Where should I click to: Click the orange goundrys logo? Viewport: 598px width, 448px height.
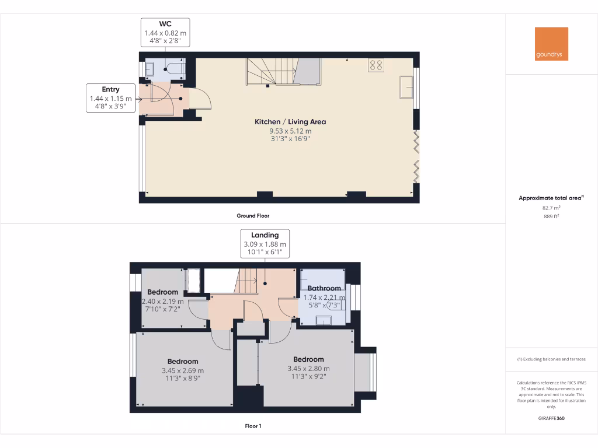click(551, 44)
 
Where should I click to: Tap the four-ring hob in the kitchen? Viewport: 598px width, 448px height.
click(376, 65)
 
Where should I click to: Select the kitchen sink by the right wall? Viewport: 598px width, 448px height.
click(406, 87)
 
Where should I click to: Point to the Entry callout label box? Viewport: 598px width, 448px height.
click(110, 98)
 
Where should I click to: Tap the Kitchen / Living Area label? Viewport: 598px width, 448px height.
click(290, 122)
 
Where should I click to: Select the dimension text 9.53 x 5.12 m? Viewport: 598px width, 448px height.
click(290, 131)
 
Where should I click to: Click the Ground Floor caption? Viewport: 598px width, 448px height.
click(253, 216)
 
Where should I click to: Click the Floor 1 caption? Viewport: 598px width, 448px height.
click(253, 426)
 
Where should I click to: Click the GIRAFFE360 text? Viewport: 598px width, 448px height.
click(551, 418)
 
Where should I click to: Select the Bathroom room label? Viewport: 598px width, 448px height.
click(324, 288)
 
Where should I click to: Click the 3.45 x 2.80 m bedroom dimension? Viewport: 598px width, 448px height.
click(308, 369)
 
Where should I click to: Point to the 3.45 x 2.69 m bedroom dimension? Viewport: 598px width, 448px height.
click(183, 370)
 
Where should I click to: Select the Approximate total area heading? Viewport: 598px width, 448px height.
click(550, 198)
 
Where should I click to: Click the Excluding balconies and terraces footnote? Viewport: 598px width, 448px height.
click(551, 359)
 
